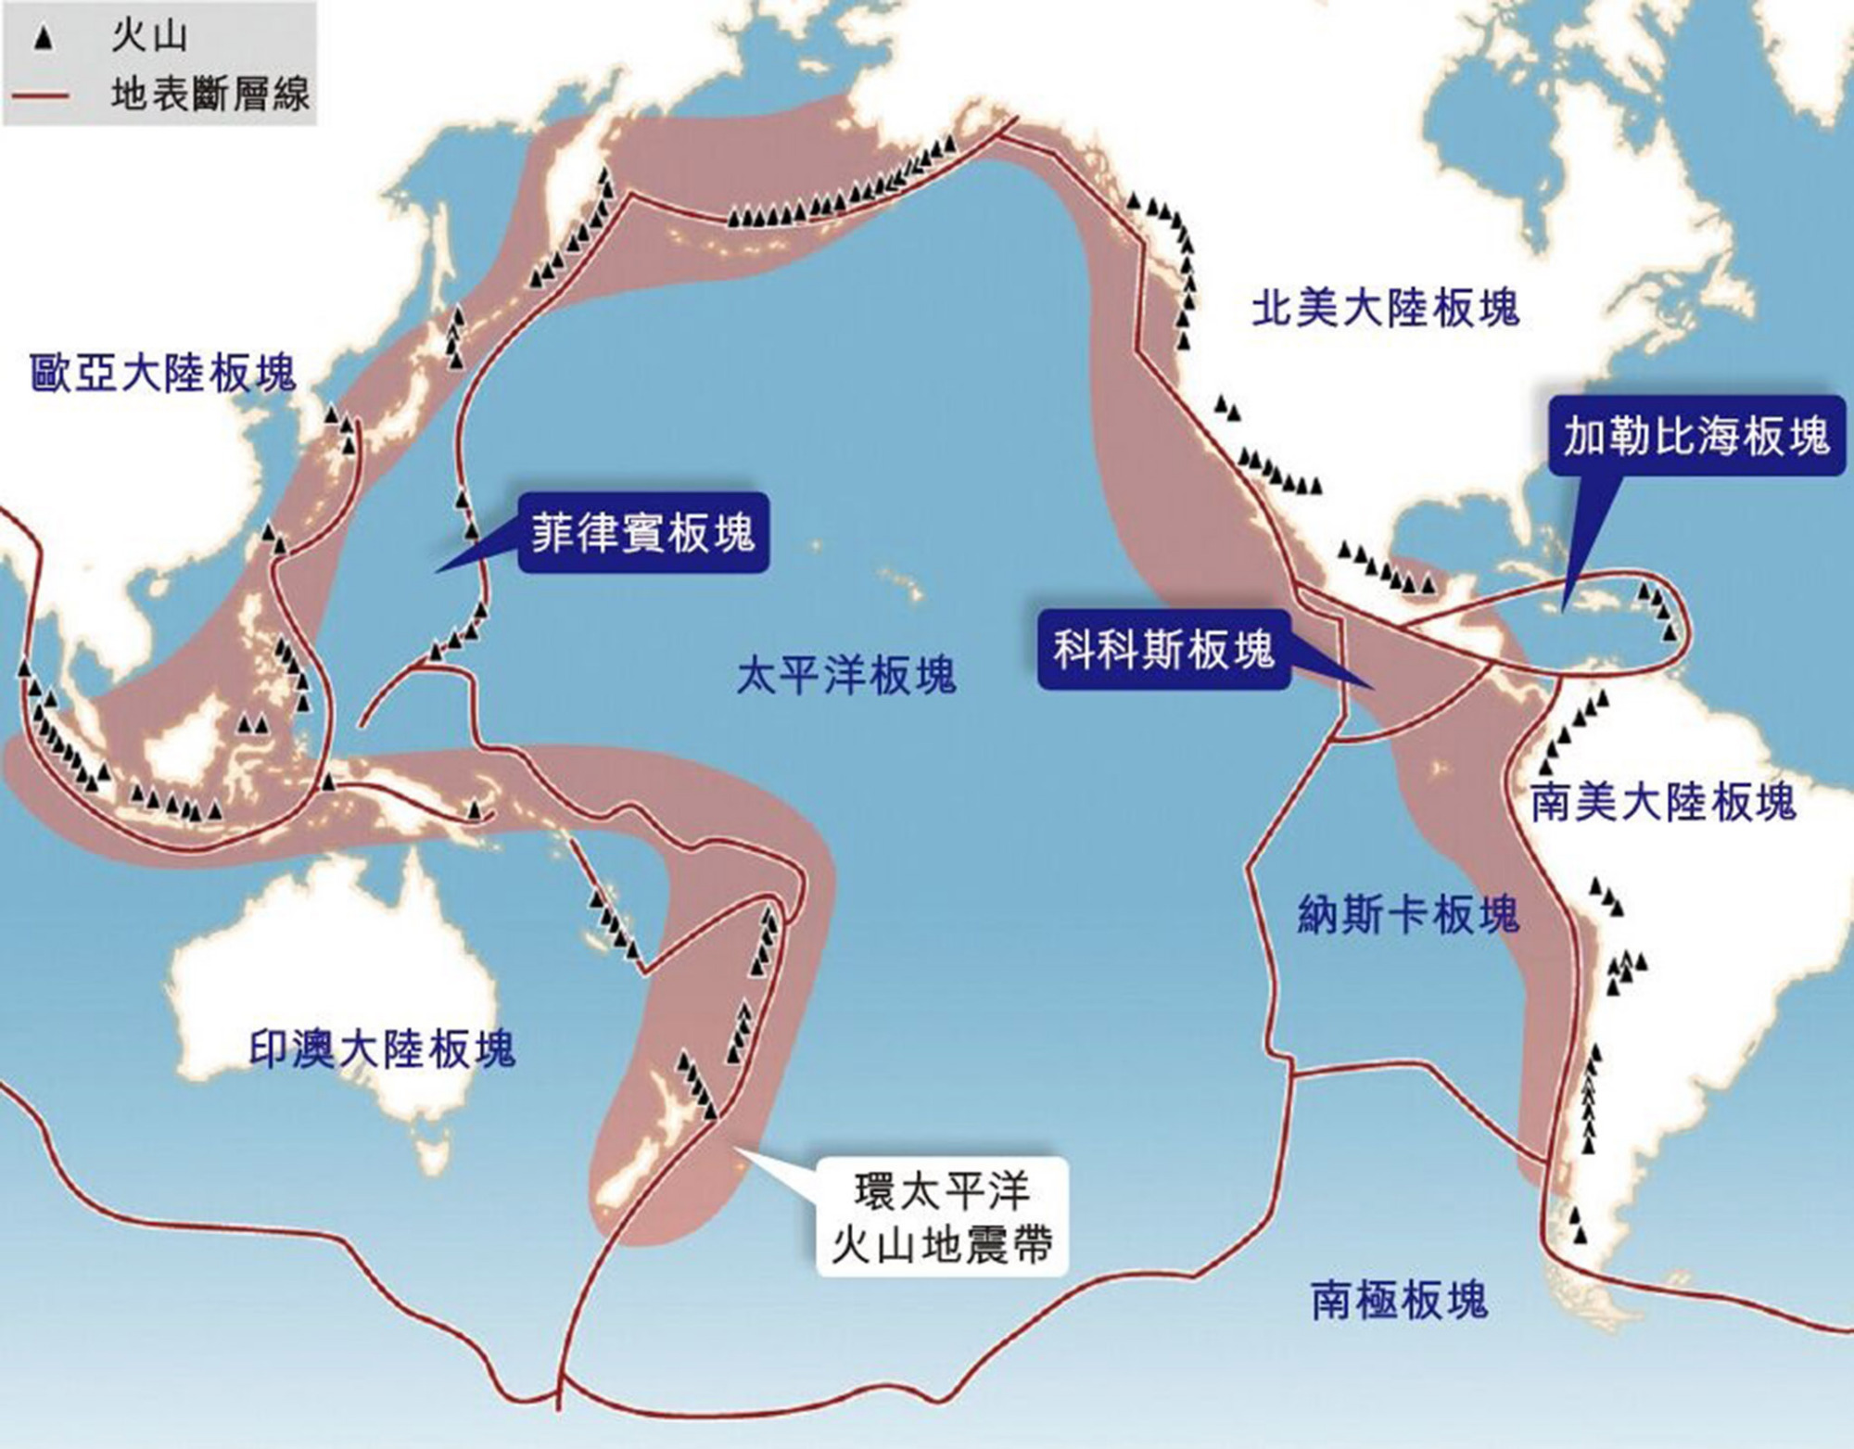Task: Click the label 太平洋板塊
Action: (x=845, y=674)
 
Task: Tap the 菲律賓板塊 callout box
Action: (x=642, y=533)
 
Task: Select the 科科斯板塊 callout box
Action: (x=1163, y=650)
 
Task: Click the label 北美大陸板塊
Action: (x=1385, y=308)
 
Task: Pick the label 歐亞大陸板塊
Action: (x=162, y=373)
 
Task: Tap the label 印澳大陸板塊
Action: (x=382, y=1049)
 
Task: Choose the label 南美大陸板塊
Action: (x=1663, y=802)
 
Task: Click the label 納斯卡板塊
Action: (x=1407, y=915)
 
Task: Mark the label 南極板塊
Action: (x=1399, y=1300)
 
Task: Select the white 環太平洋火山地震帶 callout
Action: (x=942, y=1216)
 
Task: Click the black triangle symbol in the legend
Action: (x=43, y=40)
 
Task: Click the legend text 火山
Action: (x=148, y=37)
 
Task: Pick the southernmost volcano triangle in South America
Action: (x=1580, y=1235)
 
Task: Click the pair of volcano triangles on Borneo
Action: (x=251, y=723)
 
